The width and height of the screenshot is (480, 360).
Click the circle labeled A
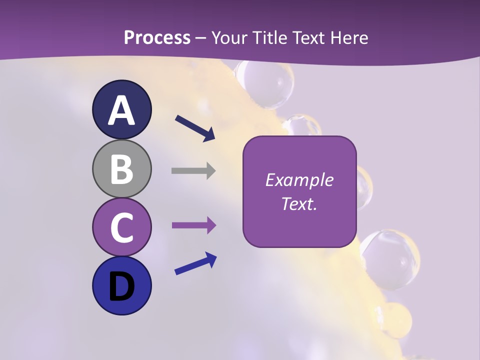tap(121, 109)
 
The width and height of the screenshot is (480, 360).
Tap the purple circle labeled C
tap(121, 227)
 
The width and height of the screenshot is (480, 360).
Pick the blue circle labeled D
tap(121, 285)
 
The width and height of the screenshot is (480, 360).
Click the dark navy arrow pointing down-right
tap(195, 128)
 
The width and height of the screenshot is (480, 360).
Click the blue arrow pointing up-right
tap(195, 263)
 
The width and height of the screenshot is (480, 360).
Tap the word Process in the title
tap(157, 37)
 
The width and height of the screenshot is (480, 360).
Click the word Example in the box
tap(299, 180)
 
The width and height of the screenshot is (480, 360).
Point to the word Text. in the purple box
tap(299, 203)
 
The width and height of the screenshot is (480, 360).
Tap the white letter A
tap(121, 110)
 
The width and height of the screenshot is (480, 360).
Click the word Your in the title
tap(229, 37)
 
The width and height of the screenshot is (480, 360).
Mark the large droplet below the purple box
tap(388, 257)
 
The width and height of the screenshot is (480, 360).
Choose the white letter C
tap(121, 228)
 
